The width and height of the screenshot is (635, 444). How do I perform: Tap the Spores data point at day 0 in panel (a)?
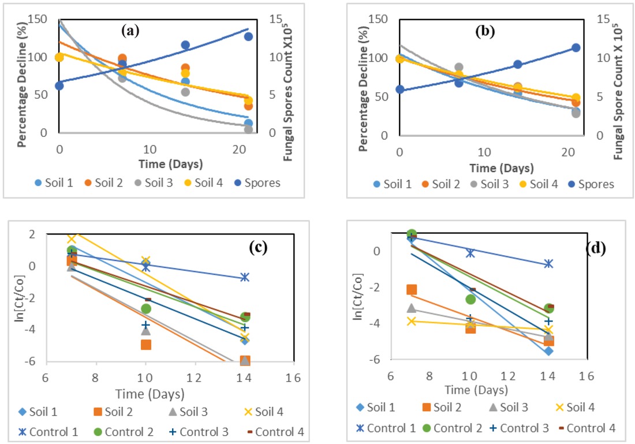(59, 85)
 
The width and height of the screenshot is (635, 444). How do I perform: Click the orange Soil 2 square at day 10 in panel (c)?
(145, 345)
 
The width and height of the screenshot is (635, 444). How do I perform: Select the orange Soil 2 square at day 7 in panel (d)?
(411, 289)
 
